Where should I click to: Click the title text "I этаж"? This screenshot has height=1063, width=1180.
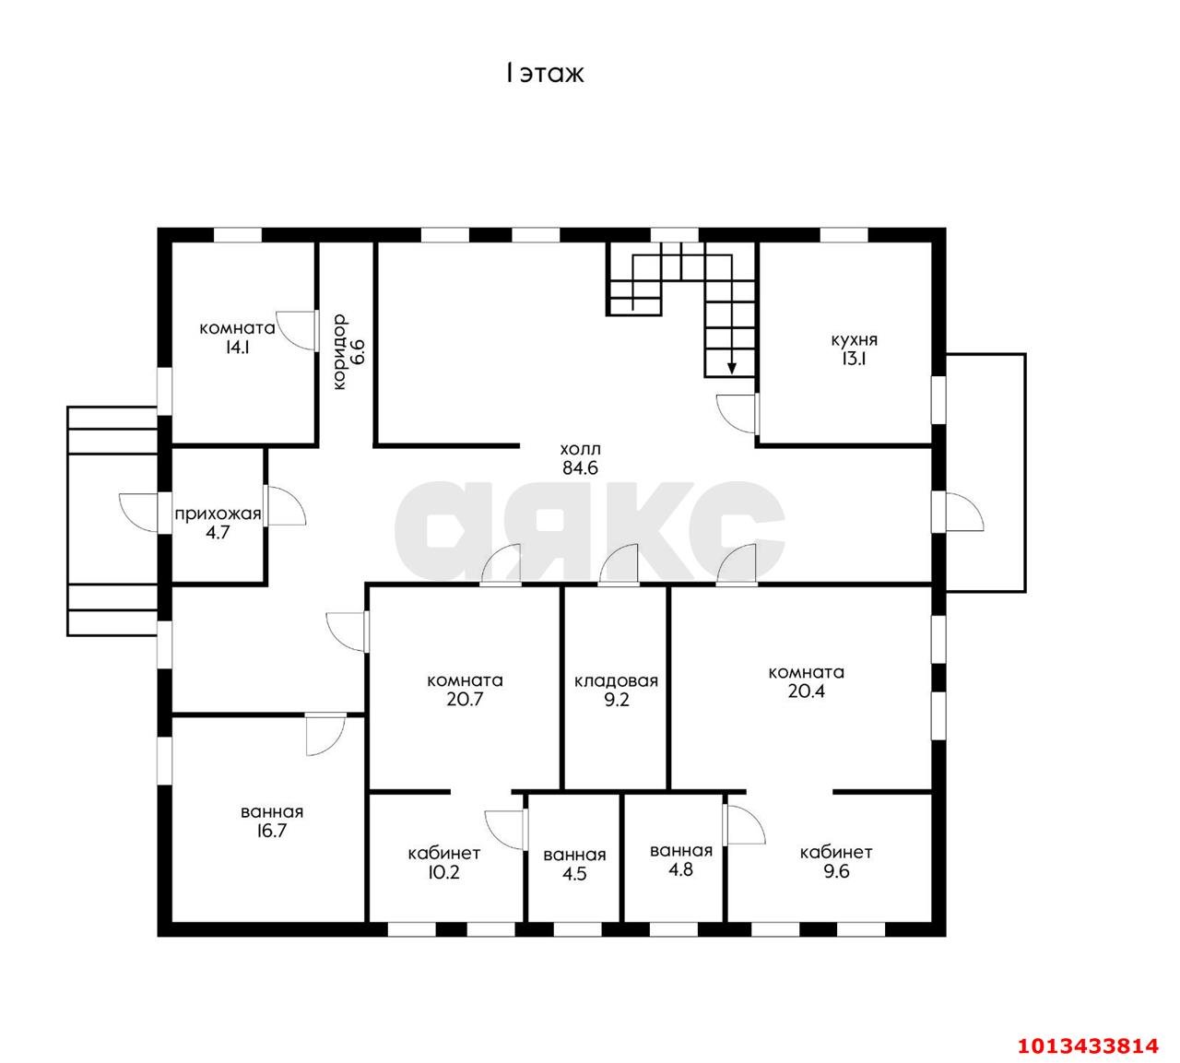click(x=545, y=74)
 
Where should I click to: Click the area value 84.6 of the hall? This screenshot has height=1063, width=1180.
click(x=580, y=468)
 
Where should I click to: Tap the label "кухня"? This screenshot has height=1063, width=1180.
click(x=855, y=339)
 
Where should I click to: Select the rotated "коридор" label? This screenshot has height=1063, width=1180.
click(x=339, y=352)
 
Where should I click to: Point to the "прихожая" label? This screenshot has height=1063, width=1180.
click(x=218, y=514)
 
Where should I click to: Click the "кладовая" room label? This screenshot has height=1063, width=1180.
click(x=616, y=681)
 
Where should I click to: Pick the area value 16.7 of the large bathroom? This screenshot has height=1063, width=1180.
click(x=271, y=831)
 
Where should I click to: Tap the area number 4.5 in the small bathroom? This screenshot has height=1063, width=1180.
click(x=574, y=874)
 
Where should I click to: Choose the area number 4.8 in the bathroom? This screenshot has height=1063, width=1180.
click(x=680, y=869)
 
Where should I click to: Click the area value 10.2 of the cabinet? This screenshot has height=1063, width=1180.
click(x=443, y=872)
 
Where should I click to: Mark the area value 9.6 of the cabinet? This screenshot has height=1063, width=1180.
click(x=836, y=871)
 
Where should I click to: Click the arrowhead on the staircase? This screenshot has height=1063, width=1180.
click(x=732, y=368)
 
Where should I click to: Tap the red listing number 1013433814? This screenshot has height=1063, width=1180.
click(x=1088, y=1045)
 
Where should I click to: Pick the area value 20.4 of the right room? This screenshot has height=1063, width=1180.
click(x=806, y=691)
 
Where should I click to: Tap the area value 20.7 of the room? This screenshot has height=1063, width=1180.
click(x=465, y=699)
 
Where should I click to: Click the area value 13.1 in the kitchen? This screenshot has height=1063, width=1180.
click(x=855, y=359)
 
